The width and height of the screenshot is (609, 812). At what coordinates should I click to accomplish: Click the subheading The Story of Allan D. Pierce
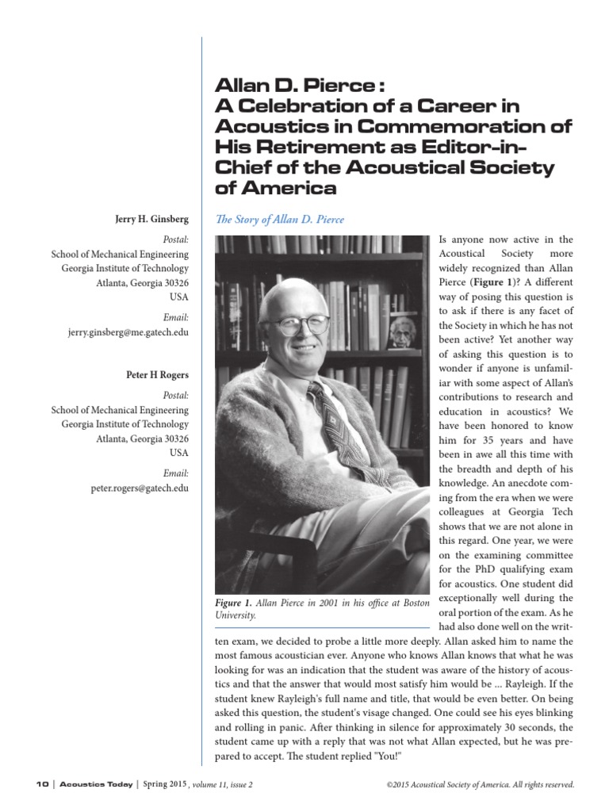[x=280, y=219]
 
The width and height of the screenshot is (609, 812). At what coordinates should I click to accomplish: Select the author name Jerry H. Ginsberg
[x=151, y=220]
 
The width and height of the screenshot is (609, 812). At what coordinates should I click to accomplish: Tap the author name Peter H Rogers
[x=158, y=375]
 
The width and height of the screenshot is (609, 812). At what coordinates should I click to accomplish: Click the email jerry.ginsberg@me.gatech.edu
[x=128, y=333]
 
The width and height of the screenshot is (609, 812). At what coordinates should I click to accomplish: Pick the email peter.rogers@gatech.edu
[x=140, y=488]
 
